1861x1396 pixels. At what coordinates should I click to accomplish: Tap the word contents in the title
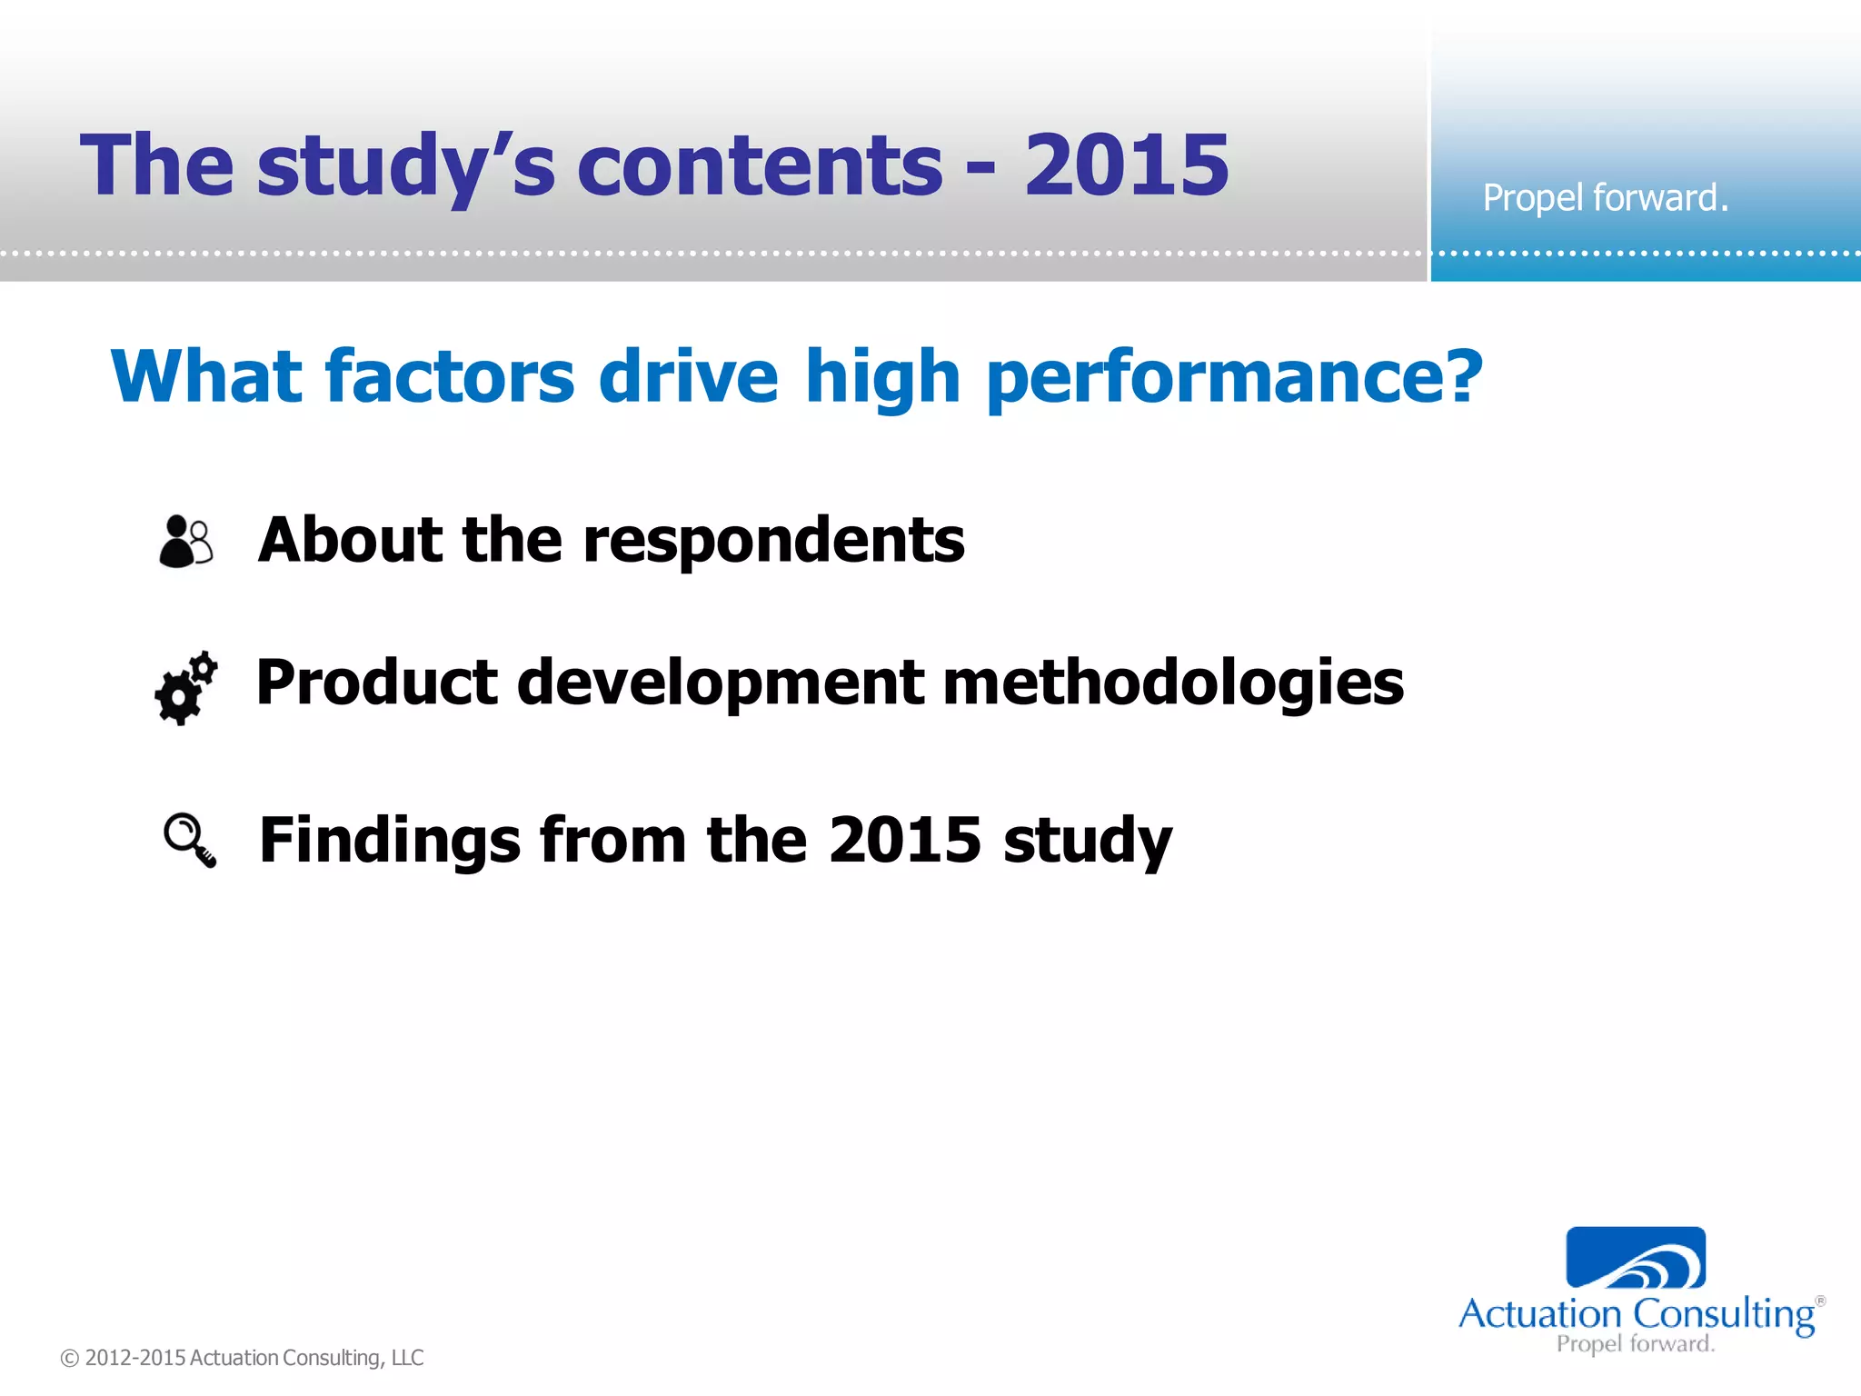(760, 166)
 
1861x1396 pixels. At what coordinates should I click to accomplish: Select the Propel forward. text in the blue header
(1605, 198)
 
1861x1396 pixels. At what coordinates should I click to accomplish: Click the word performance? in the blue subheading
(1234, 377)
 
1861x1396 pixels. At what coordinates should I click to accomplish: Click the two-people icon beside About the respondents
(186, 541)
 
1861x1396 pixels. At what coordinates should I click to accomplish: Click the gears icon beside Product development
(186, 688)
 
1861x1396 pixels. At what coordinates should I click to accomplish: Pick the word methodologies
(1173, 683)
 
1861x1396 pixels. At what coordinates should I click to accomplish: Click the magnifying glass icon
(189, 840)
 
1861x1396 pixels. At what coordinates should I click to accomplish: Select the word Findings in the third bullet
(390, 840)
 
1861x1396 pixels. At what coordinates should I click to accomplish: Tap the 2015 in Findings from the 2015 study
(904, 840)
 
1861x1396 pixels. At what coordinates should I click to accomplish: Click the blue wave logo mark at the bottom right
(1635, 1258)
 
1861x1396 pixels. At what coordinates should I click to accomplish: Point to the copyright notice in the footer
(242, 1358)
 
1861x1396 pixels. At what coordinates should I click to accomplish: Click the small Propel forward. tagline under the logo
(1635, 1344)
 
